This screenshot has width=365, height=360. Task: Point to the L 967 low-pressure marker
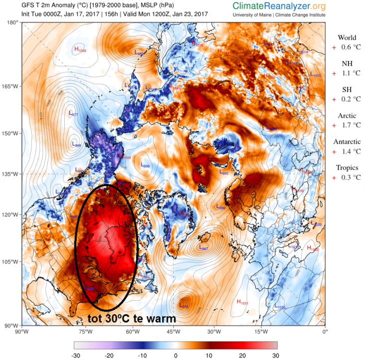point(203,248)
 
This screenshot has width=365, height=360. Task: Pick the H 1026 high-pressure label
point(79,49)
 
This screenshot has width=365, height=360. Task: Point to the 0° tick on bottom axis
point(325,330)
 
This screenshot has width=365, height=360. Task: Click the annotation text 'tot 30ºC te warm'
point(132,318)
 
